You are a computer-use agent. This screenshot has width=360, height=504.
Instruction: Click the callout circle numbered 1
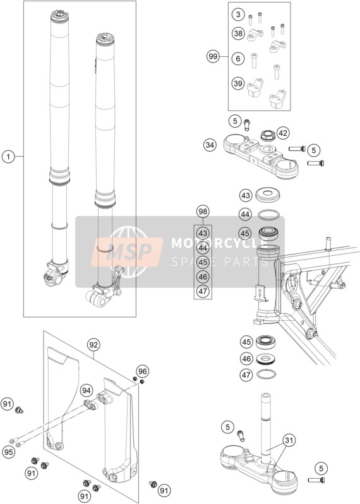point(9,157)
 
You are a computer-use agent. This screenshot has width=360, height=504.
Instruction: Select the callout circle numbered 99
point(213,57)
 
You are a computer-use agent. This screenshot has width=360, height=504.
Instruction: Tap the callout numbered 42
point(283,133)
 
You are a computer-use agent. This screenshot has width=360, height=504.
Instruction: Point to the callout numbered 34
point(210,145)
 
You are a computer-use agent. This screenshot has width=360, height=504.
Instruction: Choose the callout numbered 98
point(203,212)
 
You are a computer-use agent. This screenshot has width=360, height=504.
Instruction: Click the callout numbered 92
point(93,345)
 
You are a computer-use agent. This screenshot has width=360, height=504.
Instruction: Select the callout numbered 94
point(86,390)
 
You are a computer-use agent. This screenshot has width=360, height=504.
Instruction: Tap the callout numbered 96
point(143,371)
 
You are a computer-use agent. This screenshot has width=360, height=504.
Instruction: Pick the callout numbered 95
point(9,452)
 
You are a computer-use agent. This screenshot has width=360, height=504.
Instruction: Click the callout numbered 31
point(289,440)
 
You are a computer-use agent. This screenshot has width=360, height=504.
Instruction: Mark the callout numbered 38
point(238,33)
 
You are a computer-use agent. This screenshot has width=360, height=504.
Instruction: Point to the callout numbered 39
point(238,83)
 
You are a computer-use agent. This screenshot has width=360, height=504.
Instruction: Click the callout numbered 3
point(238,15)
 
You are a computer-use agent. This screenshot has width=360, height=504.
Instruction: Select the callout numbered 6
point(238,59)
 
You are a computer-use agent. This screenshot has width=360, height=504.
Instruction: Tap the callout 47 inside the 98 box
point(203,291)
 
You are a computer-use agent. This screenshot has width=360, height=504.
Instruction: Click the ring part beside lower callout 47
point(267,374)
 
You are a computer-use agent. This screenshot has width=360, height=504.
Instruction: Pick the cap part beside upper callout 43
point(267,195)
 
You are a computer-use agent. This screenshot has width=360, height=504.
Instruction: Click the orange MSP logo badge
point(127,251)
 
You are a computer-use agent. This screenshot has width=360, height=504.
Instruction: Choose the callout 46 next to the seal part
point(246,358)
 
